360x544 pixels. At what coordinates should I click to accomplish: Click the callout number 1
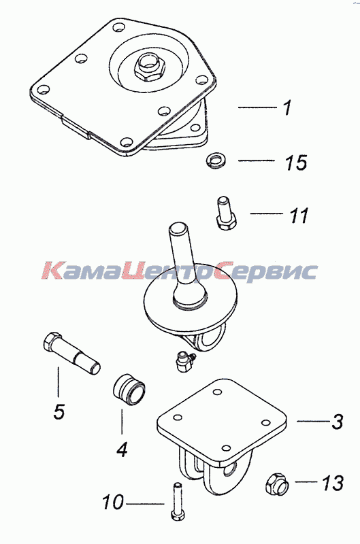287,107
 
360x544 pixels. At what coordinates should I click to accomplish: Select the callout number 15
296,162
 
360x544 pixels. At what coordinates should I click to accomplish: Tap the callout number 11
298,215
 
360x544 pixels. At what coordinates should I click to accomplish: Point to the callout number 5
59,411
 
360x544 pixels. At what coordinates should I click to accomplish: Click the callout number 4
122,449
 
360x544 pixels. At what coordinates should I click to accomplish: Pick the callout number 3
337,422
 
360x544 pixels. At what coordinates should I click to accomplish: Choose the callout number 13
333,483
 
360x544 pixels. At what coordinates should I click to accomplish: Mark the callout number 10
113,502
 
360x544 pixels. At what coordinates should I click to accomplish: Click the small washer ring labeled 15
216,161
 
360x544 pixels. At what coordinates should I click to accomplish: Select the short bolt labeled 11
225,214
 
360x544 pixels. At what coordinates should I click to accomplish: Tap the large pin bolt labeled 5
71,353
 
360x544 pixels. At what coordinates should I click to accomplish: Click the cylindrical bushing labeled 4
129,390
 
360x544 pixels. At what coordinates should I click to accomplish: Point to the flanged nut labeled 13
278,483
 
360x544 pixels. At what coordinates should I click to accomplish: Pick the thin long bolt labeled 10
178,501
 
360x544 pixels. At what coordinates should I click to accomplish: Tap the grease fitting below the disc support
184,361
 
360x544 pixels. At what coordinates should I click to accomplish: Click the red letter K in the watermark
53,271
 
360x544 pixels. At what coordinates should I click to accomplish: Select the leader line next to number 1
257,107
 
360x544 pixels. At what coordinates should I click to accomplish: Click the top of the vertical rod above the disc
179,227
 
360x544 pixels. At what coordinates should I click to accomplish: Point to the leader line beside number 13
306,481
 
